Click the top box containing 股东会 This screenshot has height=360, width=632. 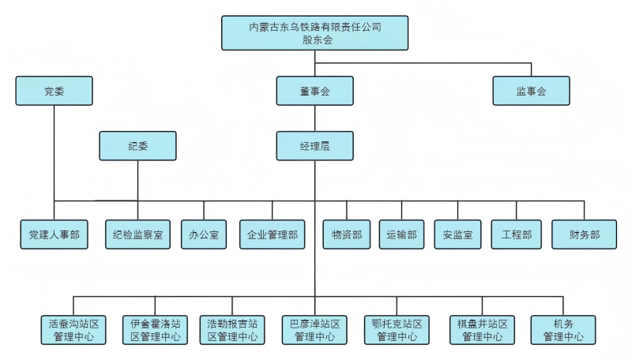click(x=314, y=33)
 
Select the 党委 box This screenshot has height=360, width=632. click(x=54, y=91)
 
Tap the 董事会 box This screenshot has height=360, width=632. click(x=314, y=91)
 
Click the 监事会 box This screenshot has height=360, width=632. click(x=531, y=91)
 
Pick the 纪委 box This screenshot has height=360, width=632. click(x=137, y=146)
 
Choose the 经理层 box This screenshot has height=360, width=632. click(x=314, y=146)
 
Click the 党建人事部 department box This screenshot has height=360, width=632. click(x=54, y=234)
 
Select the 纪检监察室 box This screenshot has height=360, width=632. click(x=137, y=234)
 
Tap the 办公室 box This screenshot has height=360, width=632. click(x=204, y=234)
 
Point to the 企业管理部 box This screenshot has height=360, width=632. click(x=272, y=234)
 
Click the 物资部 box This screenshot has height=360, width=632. click(x=347, y=234)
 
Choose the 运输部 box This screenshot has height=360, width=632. click(x=401, y=234)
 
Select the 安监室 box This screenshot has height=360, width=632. click(x=458, y=234)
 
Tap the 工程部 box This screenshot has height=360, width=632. click(x=516, y=234)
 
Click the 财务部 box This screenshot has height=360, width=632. click(x=584, y=234)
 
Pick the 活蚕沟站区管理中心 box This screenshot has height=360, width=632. click(x=73, y=330)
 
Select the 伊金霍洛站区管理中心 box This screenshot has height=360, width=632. click(x=155, y=330)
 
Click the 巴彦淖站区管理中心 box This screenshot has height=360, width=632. click(x=314, y=330)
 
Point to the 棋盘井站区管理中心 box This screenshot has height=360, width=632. click(x=482, y=330)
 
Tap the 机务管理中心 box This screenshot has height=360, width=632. click(x=563, y=330)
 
